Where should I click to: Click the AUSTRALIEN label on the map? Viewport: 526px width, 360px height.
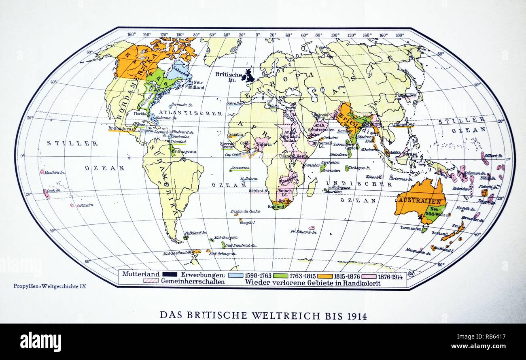(420, 200)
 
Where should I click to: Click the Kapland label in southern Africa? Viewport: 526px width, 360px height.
(276, 207)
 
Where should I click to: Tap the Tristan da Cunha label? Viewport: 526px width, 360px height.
(245, 211)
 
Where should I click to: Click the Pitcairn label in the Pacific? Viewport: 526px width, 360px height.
(86, 205)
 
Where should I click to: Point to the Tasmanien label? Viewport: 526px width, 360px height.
(411, 228)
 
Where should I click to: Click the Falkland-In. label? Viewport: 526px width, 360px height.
(196, 233)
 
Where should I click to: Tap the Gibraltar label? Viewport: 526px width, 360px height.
(235, 103)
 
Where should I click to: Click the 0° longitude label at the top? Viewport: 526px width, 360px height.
(258, 35)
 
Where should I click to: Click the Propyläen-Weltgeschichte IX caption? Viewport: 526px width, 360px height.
(50, 286)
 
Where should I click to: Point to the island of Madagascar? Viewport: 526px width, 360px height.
(311, 187)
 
